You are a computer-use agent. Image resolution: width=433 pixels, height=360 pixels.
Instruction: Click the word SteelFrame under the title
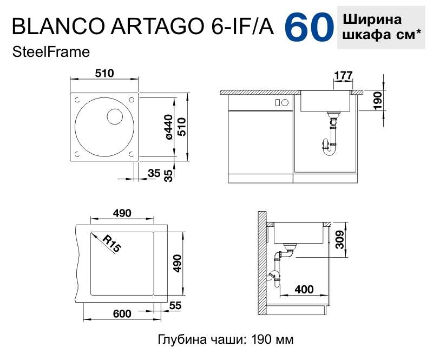click(x=51, y=52)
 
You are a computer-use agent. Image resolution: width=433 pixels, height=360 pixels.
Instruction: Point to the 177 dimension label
click(x=343, y=75)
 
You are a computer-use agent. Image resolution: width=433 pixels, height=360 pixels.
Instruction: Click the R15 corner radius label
click(x=111, y=244)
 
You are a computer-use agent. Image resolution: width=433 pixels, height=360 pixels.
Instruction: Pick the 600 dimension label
click(x=122, y=313)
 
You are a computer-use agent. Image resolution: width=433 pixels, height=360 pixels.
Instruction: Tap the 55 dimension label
click(x=175, y=305)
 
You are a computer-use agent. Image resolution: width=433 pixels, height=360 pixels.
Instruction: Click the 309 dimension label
click(x=340, y=239)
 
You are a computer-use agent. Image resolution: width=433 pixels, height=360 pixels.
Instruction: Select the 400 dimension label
click(x=304, y=289)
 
